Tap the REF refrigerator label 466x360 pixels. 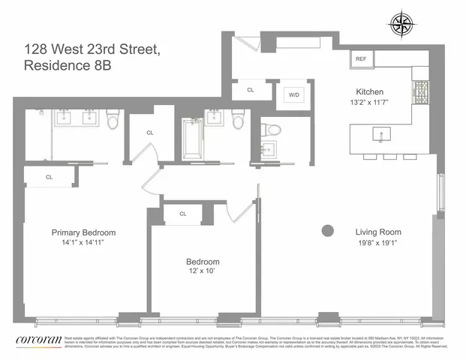[x=361, y=59]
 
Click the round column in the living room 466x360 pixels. [x=327, y=232]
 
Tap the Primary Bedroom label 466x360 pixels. [x=83, y=232]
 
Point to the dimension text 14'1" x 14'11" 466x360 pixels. [x=83, y=243]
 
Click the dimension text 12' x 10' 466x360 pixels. [x=203, y=273]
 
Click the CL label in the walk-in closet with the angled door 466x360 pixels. [x=150, y=133]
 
